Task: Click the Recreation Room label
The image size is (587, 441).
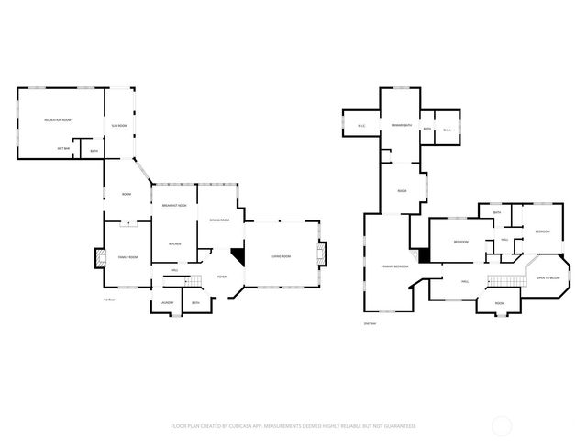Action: point(58,120)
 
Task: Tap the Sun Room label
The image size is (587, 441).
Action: point(119,125)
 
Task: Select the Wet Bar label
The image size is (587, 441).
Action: point(64,148)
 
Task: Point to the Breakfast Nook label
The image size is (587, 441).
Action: point(175,205)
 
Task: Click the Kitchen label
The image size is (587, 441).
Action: point(174,243)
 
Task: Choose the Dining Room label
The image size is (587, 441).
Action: point(218,220)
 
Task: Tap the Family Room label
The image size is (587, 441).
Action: point(127,257)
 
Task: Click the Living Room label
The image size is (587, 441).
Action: point(280,256)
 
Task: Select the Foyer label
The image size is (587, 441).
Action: point(221,277)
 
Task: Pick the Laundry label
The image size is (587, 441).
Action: point(167,303)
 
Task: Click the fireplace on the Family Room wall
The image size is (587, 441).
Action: point(99,260)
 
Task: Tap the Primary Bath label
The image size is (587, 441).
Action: point(401,124)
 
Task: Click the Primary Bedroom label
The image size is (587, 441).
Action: point(394,266)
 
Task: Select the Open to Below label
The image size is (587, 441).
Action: point(548,277)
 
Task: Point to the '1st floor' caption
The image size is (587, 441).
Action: point(109,300)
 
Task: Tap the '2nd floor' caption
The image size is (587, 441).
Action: point(371,323)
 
